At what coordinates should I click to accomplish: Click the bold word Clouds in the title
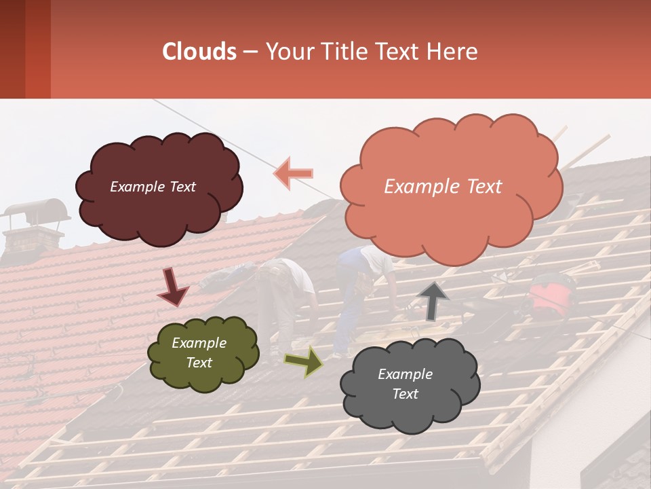pos(199,52)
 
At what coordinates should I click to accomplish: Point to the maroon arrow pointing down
pos(173,287)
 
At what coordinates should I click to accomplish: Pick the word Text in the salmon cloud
pos(481,187)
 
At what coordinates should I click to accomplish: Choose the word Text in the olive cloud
pos(199,363)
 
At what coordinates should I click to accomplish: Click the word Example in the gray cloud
pos(405,374)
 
